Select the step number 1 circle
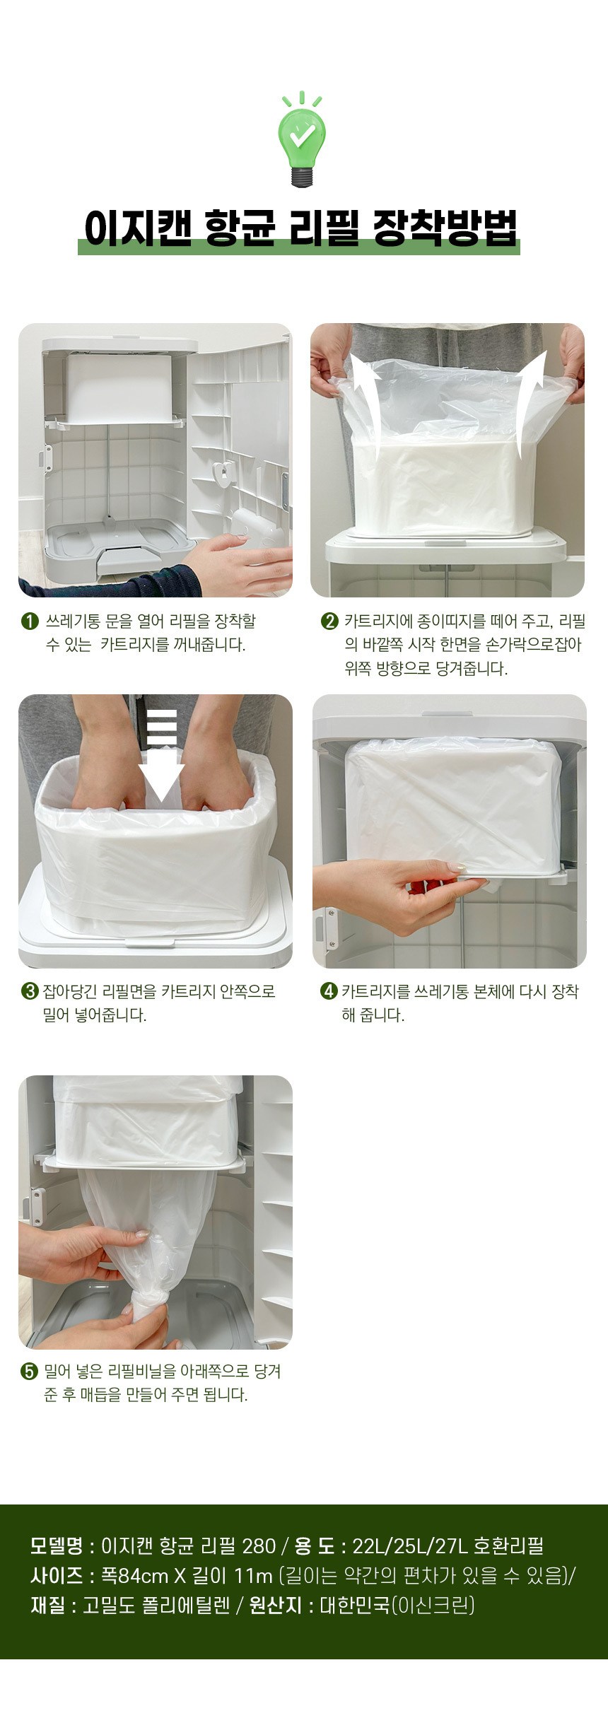(30, 622)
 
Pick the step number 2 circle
(329, 622)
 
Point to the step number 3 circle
(30, 991)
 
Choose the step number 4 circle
(329, 991)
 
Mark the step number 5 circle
(30, 1372)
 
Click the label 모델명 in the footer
(57, 1545)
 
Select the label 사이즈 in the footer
(57, 1576)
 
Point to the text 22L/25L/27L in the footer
(410, 1545)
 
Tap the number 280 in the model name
(259, 1545)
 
